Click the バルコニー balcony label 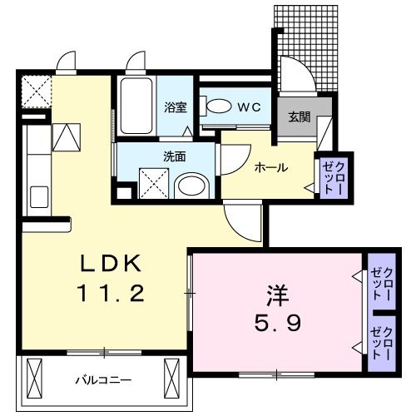pyautogui.click(x=105, y=379)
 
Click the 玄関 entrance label pyautogui.click(x=300, y=116)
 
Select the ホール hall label pyautogui.click(x=271, y=167)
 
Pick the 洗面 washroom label pyautogui.click(x=173, y=156)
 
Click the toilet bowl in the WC pyautogui.click(x=218, y=106)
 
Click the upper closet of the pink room pyautogui.click(x=383, y=284)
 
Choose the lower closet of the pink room pyautogui.click(x=383, y=339)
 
